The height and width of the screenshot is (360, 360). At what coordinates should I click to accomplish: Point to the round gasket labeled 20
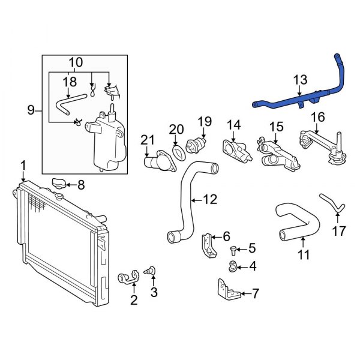(177, 150)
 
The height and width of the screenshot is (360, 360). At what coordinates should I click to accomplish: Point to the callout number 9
(31, 110)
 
